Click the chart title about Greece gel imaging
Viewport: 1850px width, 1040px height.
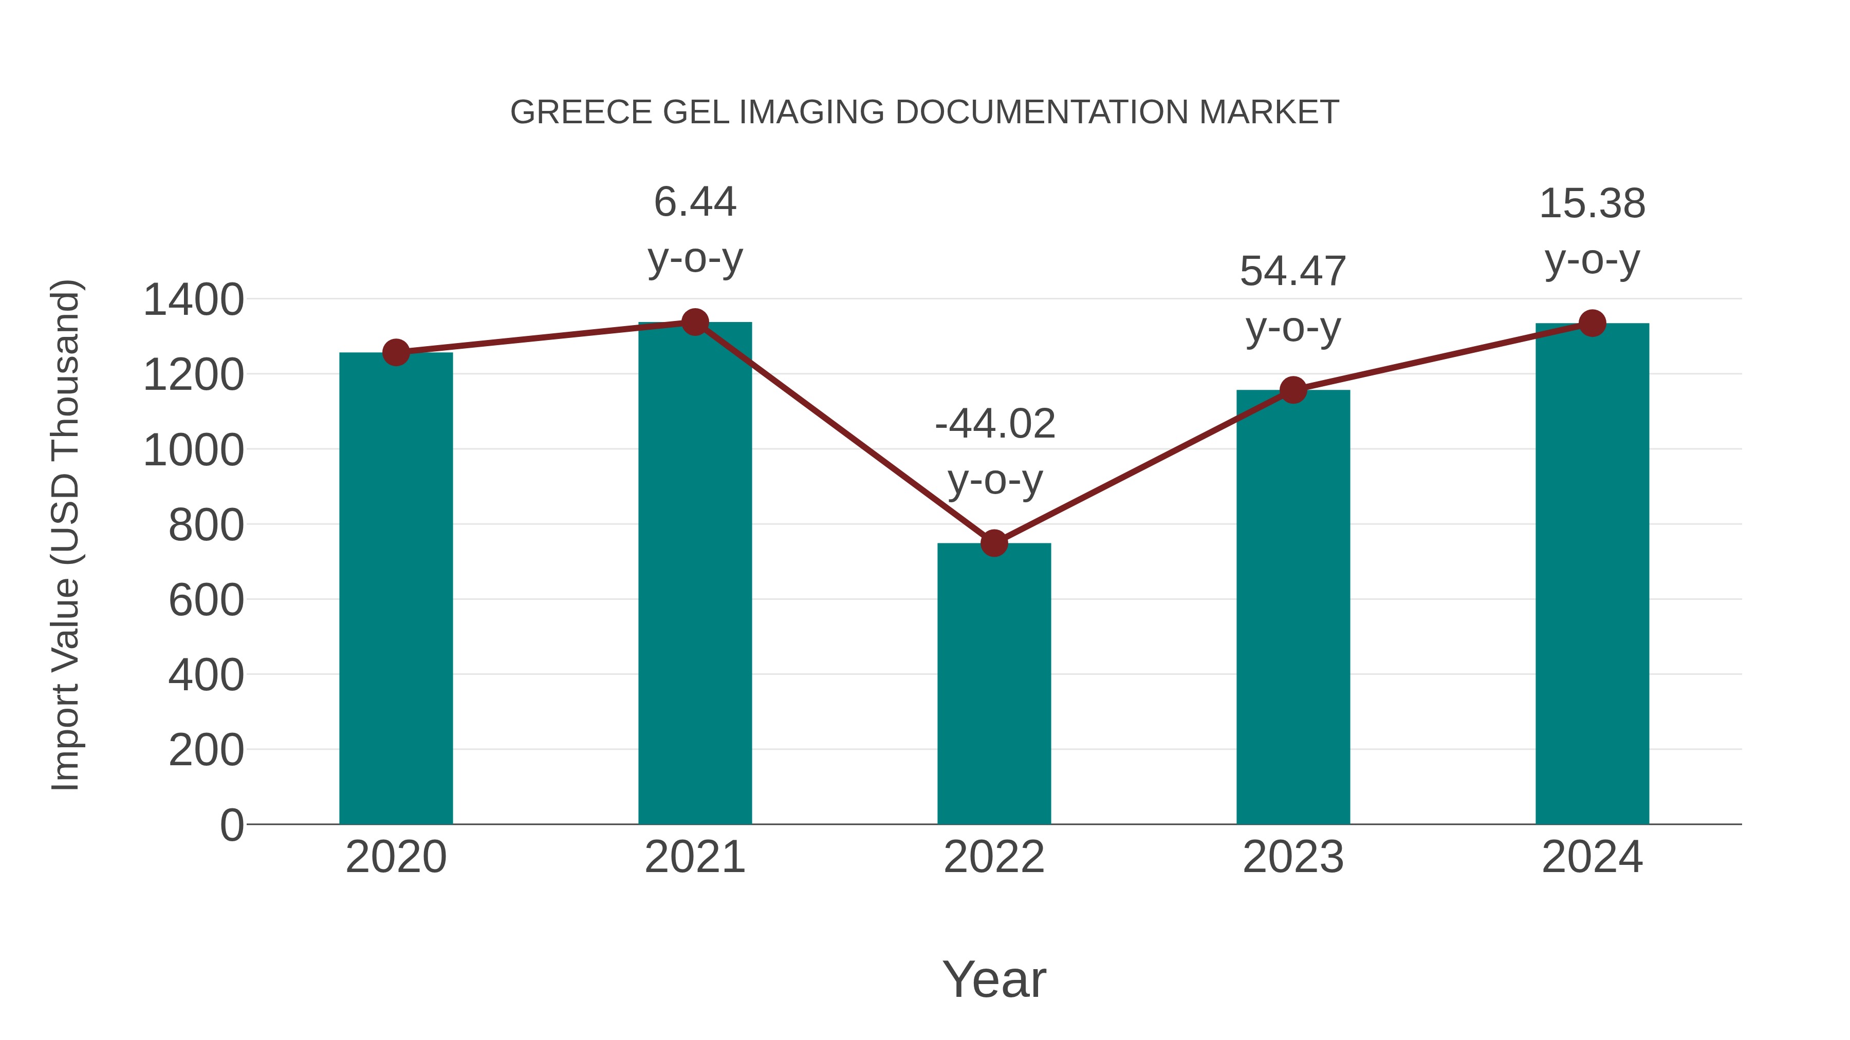pyautogui.click(x=924, y=112)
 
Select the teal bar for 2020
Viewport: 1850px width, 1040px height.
pyautogui.click(x=396, y=589)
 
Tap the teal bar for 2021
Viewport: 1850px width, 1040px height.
pyautogui.click(x=694, y=574)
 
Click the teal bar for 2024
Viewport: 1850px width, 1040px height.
pyautogui.click(x=1592, y=574)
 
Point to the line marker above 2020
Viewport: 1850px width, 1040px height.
pyautogui.click(x=396, y=352)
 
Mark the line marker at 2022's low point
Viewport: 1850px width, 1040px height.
pyautogui.click(x=994, y=543)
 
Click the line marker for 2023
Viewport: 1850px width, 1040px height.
pyautogui.click(x=1293, y=390)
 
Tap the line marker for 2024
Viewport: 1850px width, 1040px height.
pyautogui.click(x=1592, y=323)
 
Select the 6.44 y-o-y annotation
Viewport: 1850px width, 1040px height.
pyautogui.click(x=694, y=230)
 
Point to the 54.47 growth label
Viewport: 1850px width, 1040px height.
pyautogui.click(x=1293, y=299)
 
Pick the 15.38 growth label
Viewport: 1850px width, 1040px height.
pyautogui.click(x=1592, y=231)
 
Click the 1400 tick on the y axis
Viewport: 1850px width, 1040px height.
pyautogui.click(x=193, y=300)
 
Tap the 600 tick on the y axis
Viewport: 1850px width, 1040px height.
pyautogui.click(x=206, y=600)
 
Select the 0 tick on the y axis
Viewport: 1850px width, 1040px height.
pyautogui.click(x=231, y=825)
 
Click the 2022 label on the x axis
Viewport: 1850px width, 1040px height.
pyautogui.click(x=994, y=857)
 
